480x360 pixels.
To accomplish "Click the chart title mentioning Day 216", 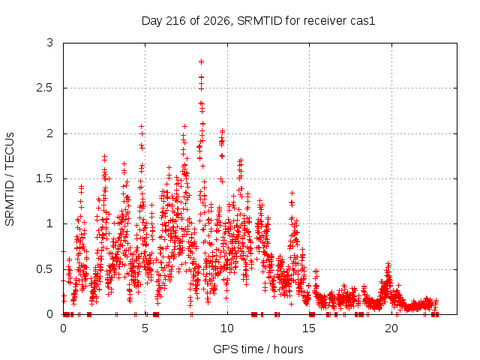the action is coord(258,21).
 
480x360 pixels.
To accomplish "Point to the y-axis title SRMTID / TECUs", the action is coord(10,179).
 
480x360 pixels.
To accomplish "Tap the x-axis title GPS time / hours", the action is coord(258,349).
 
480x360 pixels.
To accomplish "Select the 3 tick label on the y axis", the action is coord(50,43).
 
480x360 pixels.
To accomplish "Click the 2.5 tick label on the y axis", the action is coord(45,88).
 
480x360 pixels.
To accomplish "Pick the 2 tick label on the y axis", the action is coord(50,133).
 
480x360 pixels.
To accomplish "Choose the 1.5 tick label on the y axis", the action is coord(45,178).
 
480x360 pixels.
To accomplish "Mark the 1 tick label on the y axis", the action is coord(50,223).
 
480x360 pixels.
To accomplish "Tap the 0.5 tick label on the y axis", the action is coord(45,269).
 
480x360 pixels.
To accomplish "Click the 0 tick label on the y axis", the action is coord(50,314).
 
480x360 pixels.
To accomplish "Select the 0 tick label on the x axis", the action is coord(63,328).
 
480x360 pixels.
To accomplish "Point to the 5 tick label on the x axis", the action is coord(145,328).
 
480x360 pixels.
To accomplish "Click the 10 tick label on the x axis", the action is coord(227,328).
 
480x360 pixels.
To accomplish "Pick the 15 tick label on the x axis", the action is coord(309,328).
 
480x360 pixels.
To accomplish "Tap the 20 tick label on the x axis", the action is coord(391,328).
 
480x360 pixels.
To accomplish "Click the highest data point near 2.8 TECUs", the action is coord(201,61).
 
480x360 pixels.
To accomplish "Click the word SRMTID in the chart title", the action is coord(259,21).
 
